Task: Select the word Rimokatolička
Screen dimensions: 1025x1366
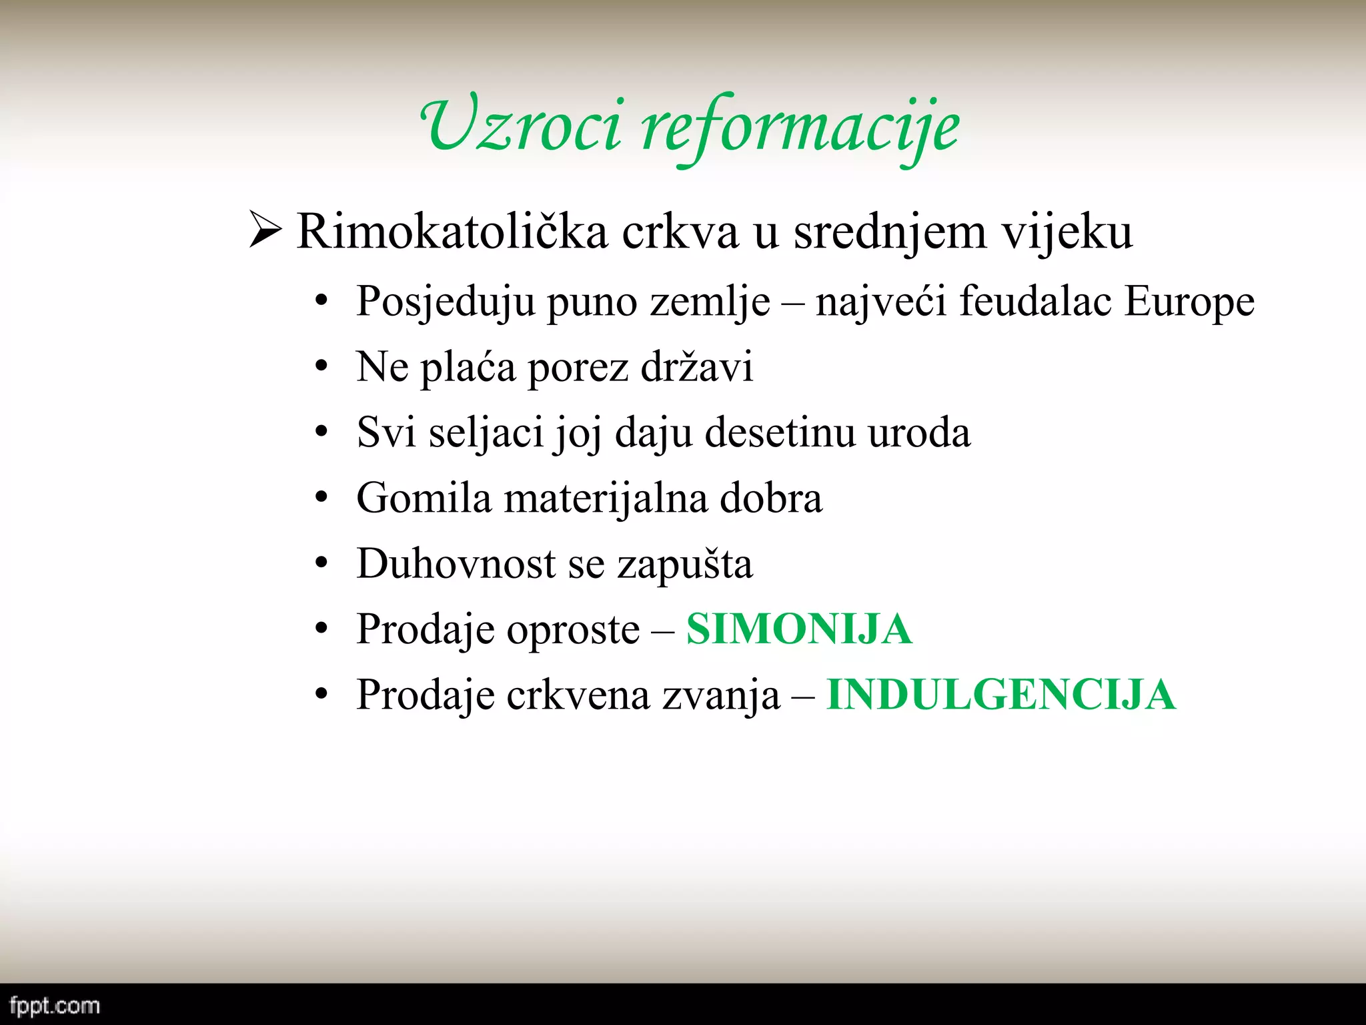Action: click(452, 232)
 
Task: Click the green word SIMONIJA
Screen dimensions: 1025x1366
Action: click(799, 629)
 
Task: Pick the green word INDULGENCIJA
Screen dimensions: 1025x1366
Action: click(1000, 695)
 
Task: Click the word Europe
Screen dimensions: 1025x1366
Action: click(1189, 302)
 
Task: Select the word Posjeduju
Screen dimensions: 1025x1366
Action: click(446, 302)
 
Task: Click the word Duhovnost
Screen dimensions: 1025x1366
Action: click(456, 564)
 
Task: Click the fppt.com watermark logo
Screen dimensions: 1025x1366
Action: click(55, 1006)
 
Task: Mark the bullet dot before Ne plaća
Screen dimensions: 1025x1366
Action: click(322, 367)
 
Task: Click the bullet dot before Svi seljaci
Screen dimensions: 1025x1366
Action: click(322, 432)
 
